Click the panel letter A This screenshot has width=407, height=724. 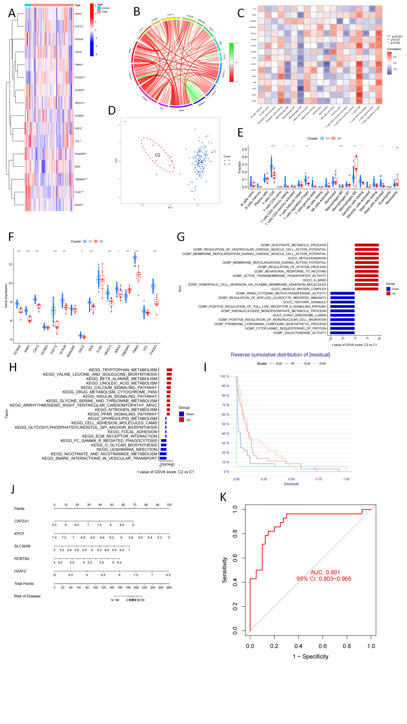(x=12, y=13)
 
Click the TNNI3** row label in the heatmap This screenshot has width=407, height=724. (x=79, y=65)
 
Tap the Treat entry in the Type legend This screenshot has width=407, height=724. (x=104, y=12)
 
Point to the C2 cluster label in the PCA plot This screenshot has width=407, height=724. (x=157, y=155)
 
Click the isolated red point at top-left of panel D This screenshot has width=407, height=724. (x=125, y=122)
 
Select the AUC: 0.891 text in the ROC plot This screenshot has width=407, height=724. (x=325, y=572)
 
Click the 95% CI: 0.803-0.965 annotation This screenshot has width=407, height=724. (x=324, y=579)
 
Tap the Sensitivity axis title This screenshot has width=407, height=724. (x=224, y=570)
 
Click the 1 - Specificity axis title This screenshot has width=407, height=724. (x=310, y=656)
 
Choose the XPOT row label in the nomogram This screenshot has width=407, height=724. (x=19, y=534)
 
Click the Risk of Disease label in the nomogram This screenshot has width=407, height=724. (x=27, y=596)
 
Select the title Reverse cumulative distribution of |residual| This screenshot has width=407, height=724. (x=280, y=355)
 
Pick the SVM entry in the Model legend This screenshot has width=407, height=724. (x=322, y=364)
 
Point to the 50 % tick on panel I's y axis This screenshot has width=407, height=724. (x=225, y=424)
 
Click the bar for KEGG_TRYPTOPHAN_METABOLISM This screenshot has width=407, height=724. (x=169, y=370)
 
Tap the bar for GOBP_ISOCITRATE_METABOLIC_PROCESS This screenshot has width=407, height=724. (x=367, y=245)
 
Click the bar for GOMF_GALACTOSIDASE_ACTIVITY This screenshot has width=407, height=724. (x=342, y=333)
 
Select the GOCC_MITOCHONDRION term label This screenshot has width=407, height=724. (x=307, y=258)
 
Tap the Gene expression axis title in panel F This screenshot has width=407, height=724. (x=6, y=296)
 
